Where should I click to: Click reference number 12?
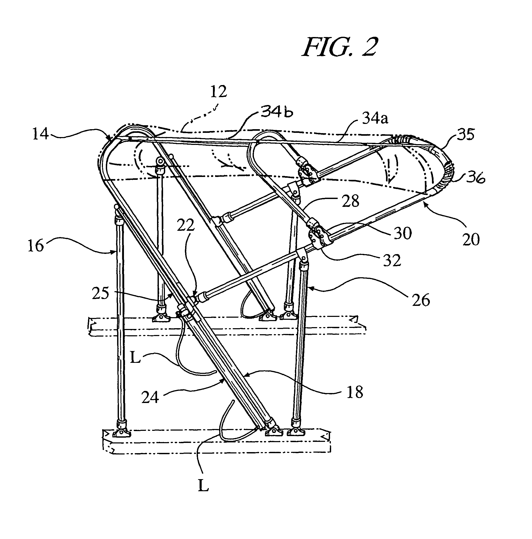pyautogui.click(x=218, y=92)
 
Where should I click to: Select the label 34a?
pyautogui.click(x=375, y=119)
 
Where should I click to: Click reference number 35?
pyautogui.click(x=465, y=134)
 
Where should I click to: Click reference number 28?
pyautogui.click(x=351, y=201)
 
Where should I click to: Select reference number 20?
pyautogui.click(x=471, y=239)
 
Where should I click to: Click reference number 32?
pyautogui.click(x=392, y=260)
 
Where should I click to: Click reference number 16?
pyautogui.click(x=36, y=246)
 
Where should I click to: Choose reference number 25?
pyautogui.click(x=100, y=293)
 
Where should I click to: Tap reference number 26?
pyautogui.click(x=421, y=300)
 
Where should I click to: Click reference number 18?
pyautogui.click(x=355, y=392)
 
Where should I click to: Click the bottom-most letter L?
pyautogui.click(x=203, y=487)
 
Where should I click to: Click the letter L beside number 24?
pyautogui.click(x=135, y=358)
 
